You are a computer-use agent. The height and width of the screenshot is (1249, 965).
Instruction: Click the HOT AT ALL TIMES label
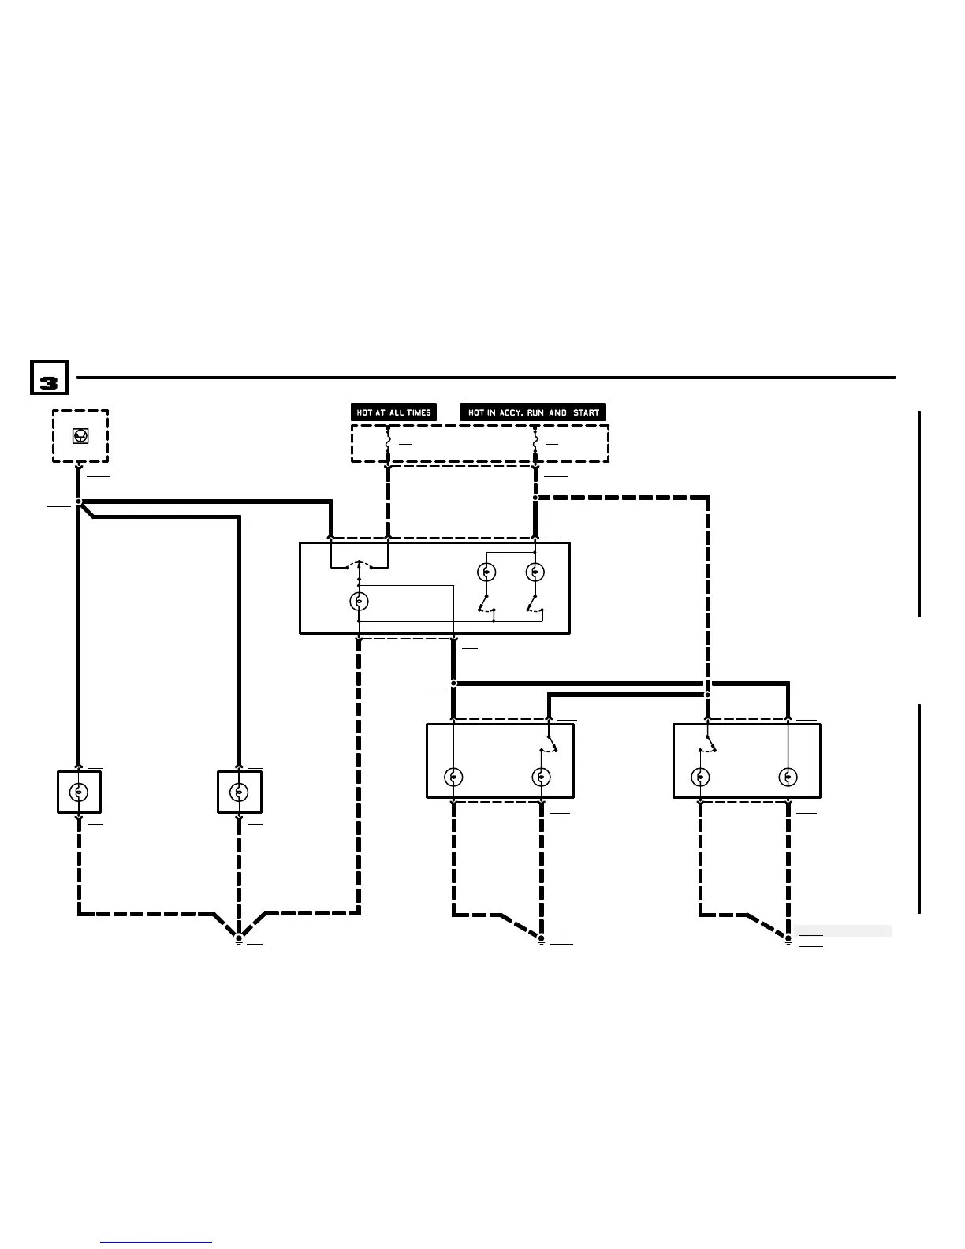click(x=393, y=412)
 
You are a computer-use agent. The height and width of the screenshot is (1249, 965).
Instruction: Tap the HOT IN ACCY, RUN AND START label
click(x=533, y=412)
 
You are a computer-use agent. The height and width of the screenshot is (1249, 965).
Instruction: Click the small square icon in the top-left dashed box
click(x=80, y=435)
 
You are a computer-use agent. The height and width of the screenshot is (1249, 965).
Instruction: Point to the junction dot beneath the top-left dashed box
click(x=79, y=501)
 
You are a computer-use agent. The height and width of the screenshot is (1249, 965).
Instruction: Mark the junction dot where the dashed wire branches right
click(x=535, y=498)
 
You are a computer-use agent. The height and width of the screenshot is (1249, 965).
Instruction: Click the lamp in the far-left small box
click(x=79, y=792)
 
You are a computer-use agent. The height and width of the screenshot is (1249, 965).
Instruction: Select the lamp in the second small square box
click(x=239, y=792)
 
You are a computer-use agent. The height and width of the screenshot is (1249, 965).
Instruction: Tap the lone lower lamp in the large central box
click(x=360, y=602)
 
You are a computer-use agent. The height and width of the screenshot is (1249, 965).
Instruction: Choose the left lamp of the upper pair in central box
click(x=487, y=572)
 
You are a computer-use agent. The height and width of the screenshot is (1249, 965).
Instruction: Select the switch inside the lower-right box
click(x=710, y=743)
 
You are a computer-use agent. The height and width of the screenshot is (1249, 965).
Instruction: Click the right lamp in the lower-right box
click(x=788, y=777)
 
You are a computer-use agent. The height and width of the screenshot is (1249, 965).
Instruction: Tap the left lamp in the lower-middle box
click(x=453, y=777)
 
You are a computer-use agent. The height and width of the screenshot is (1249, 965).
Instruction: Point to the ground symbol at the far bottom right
click(x=788, y=939)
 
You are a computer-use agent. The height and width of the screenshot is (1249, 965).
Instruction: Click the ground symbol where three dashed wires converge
click(x=239, y=939)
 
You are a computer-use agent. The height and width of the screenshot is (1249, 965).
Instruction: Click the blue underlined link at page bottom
click(x=156, y=1243)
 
